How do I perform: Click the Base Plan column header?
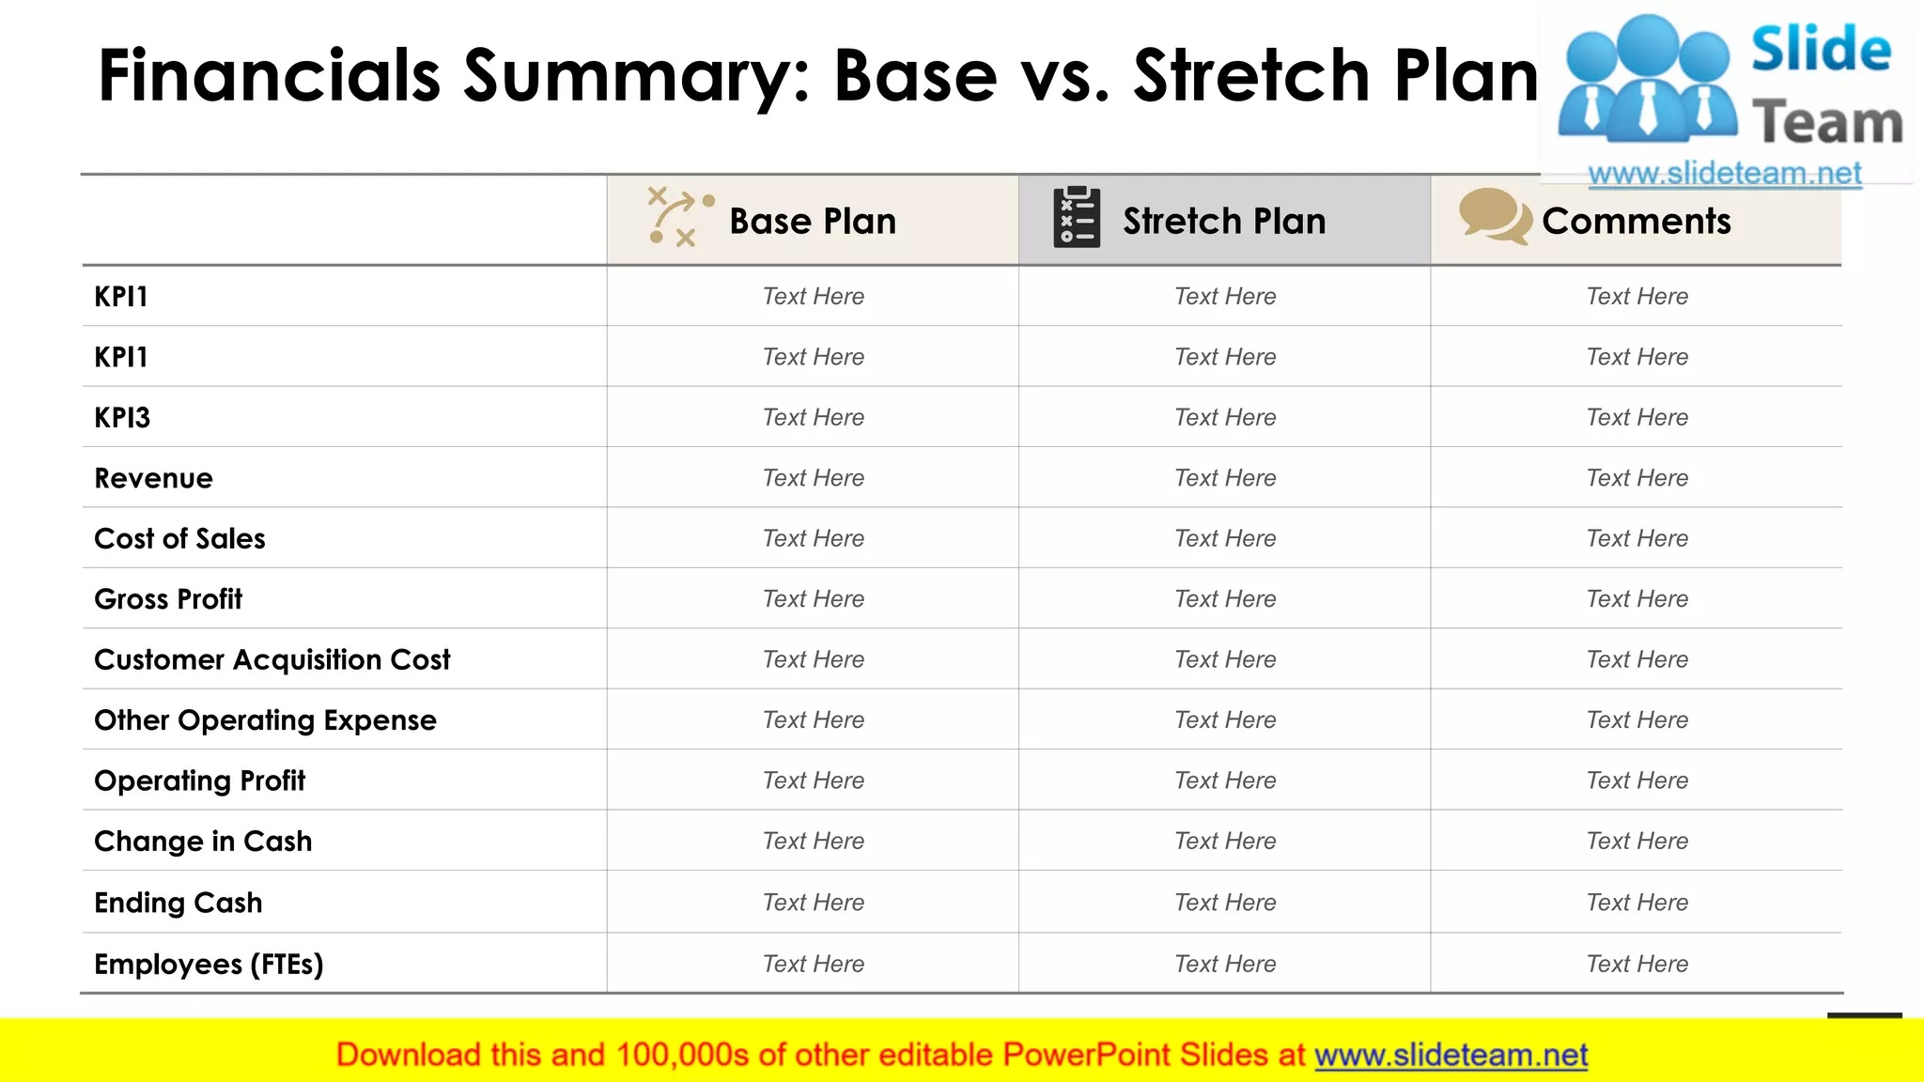click(813, 222)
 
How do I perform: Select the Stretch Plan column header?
click(1224, 222)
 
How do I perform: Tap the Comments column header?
click(1636, 222)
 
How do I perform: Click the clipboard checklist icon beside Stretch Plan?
click(1077, 217)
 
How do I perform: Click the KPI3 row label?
click(122, 417)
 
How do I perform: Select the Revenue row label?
click(153, 478)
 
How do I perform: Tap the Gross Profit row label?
click(168, 599)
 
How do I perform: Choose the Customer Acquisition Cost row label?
click(272, 659)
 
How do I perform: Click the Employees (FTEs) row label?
click(209, 964)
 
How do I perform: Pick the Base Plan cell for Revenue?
click(813, 478)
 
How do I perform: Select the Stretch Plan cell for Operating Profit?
click(1225, 781)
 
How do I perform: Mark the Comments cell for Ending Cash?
click(1637, 903)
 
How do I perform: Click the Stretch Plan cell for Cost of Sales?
click(1225, 538)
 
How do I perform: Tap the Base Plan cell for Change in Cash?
click(813, 841)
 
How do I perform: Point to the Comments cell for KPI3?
click(1637, 417)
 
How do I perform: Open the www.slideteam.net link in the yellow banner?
click(1451, 1056)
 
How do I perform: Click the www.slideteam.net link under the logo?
click(1724, 174)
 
